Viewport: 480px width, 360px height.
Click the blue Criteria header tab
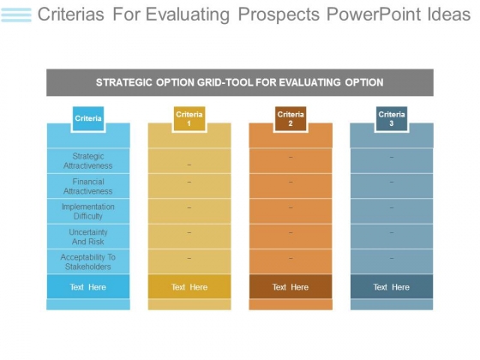pyautogui.click(x=88, y=119)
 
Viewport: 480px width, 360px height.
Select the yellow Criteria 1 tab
pyautogui.click(x=189, y=119)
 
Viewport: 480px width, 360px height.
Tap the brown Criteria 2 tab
pyautogui.click(x=291, y=119)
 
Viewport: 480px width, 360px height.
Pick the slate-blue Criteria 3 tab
pyautogui.click(x=392, y=119)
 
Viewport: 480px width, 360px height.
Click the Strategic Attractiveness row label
pyautogui.click(x=88, y=161)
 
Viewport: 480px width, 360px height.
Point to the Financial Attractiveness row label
pyautogui.click(x=88, y=187)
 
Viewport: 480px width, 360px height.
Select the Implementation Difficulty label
pyautogui.click(x=88, y=212)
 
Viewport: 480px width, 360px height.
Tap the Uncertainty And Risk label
pyautogui.click(x=88, y=237)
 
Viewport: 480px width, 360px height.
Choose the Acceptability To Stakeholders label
pyautogui.click(x=88, y=262)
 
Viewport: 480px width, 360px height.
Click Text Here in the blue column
pyautogui.click(x=87, y=287)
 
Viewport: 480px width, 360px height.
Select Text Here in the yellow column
pyautogui.click(x=189, y=287)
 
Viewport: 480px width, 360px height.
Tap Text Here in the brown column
pyautogui.click(x=291, y=287)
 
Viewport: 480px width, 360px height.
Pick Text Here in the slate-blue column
pyautogui.click(x=392, y=287)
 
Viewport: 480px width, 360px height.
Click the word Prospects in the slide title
pyautogui.click(x=279, y=15)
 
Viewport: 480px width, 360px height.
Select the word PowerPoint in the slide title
pyautogui.click(x=374, y=15)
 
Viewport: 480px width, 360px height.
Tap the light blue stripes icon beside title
pyautogui.click(x=16, y=15)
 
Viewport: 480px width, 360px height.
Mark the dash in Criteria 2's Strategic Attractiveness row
pyautogui.click(x=291, y=158)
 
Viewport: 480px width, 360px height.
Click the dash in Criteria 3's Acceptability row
pyautogui.click(x=392, y=258)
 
